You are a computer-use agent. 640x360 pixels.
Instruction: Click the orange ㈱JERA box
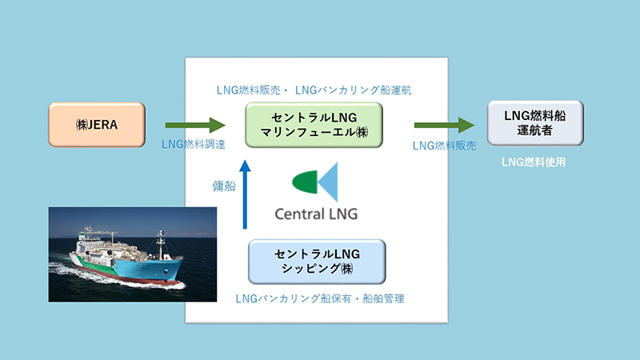(x=97, y=125)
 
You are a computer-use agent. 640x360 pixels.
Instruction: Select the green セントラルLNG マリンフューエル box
(x=314, y=125)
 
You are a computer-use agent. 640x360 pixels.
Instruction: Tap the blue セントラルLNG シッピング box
(x=317, y=262)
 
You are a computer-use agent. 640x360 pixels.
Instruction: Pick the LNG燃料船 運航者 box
(x=535, y=123)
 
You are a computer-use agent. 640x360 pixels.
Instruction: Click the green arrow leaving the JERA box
(x=195, y=125)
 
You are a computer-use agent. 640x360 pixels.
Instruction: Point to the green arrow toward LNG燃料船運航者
(x=444, y=125)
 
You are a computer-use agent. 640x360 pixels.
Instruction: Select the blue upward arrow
(x=245, y=194)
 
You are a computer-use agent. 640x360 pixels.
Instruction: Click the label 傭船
(x=224, y=186)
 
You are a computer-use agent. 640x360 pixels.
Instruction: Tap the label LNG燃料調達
(x=194, y=144)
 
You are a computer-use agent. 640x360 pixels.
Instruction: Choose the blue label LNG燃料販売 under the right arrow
(x=445, y=146)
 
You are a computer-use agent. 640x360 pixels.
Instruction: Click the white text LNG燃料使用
(x=534, y=162)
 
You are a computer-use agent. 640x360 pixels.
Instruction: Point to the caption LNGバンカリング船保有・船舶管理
(x=320, y=298)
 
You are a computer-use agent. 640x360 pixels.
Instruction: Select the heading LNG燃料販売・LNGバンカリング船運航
(x=314, y=90)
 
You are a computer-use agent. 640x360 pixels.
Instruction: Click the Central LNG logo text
(x=316, y=214)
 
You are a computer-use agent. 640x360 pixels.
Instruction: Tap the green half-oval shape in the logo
(x=305, y=182)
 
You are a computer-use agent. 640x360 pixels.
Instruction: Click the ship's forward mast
(x=161, y=243)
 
